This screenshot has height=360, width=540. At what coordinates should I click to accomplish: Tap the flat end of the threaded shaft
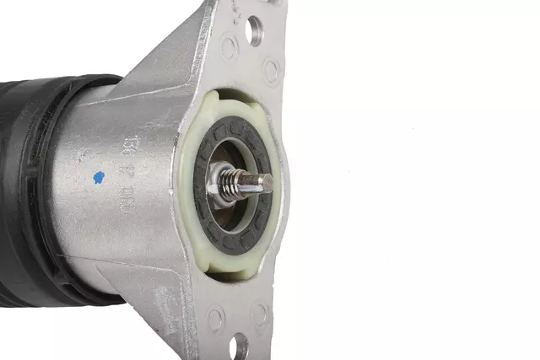point(268,180)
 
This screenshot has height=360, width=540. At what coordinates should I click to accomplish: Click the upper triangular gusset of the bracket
point(169,59)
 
